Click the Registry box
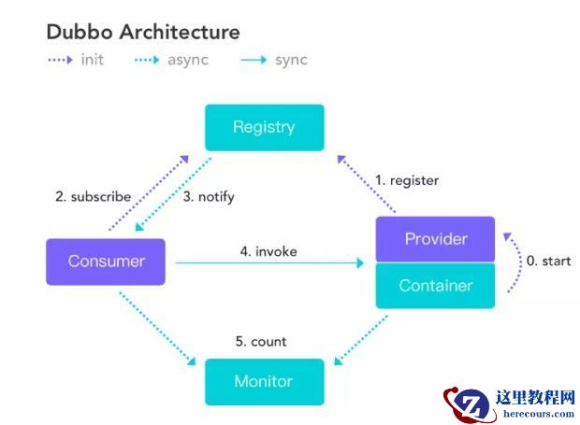pos(265,127)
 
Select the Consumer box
pos(106,262)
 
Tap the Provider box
pos(435,239)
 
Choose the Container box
pos(435,286)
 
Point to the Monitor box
pos(265,381)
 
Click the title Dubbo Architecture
pos(143,32)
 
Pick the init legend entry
pos(76,61)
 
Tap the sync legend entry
pos(274,61)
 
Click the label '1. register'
pos(407,180)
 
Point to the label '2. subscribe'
pos(93,197)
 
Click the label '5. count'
pos(261,342)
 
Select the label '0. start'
pos(548,262)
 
